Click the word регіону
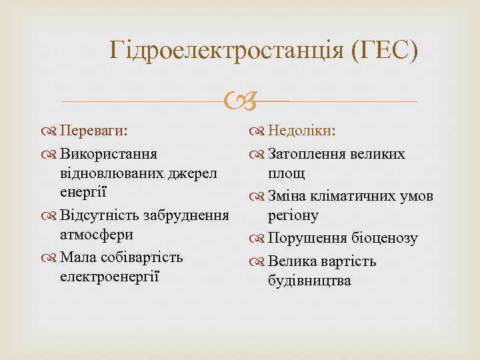293,215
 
